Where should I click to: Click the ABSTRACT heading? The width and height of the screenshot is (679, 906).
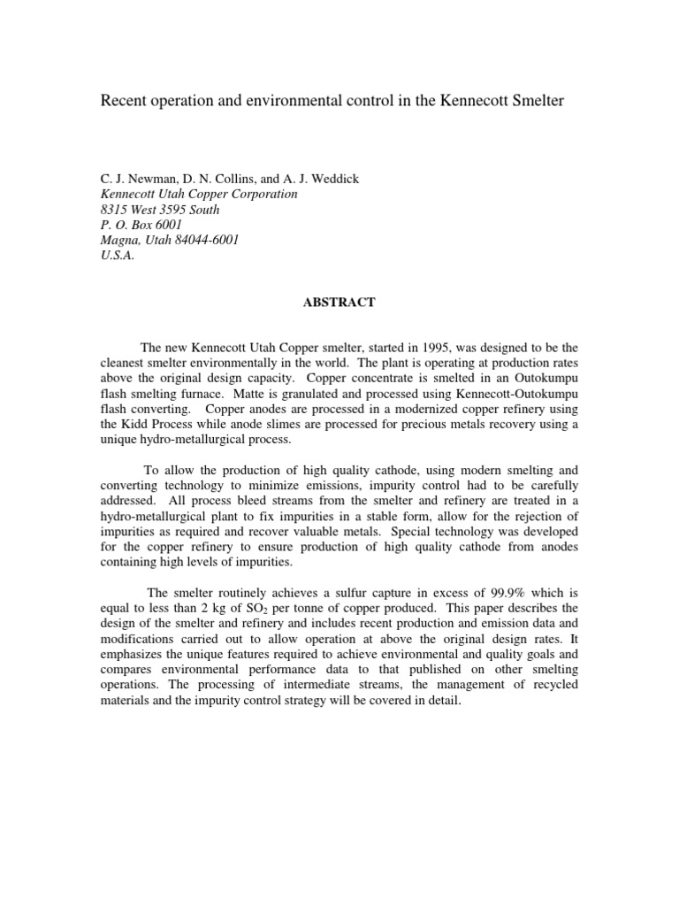(x=339, y=303)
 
